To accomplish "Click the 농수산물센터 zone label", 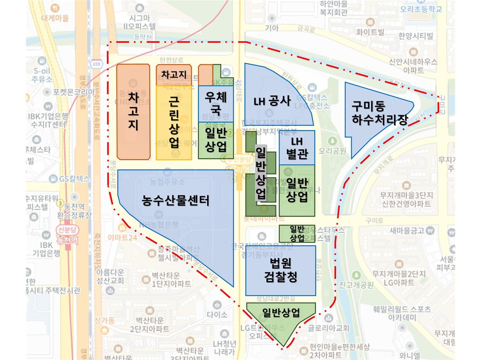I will point(175,200).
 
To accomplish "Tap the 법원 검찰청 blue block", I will point(281,270).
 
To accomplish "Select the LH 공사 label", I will point(272,101).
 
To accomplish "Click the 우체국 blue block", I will point(216,103).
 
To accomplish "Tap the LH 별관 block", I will point(297,148).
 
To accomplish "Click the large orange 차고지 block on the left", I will point(133,111).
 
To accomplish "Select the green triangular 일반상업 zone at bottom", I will point(281,315).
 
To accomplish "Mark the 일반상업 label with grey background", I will point(261,173).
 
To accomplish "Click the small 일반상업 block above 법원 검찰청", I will point(297,233).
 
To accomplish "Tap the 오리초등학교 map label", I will point(420,9).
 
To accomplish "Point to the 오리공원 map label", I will point(332,151).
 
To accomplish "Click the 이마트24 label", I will point(123,237).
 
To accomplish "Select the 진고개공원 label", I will point(356,285).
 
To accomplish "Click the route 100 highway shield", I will point(97,64).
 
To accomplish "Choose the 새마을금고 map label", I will point(407,230).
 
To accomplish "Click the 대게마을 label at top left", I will point(55,18).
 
